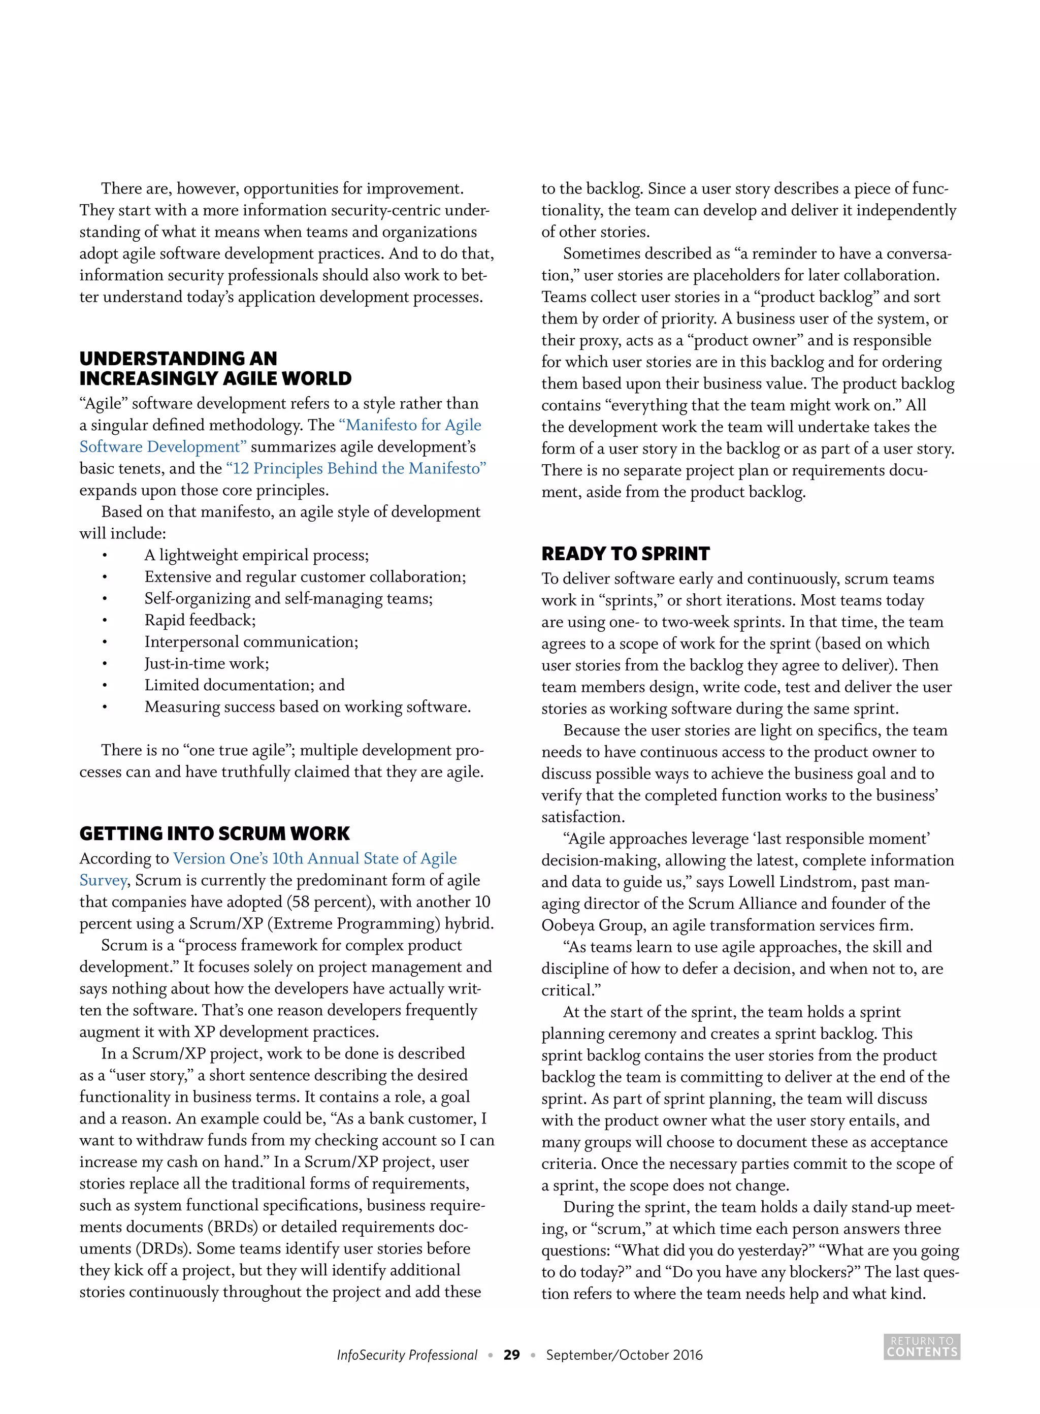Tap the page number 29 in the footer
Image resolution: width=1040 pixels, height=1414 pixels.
click(511, 1355)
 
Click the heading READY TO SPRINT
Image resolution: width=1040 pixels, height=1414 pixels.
click(625, 554)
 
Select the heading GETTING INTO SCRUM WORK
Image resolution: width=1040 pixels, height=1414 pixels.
click(214, 833)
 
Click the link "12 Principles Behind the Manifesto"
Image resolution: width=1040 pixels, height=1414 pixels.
click(355, 468)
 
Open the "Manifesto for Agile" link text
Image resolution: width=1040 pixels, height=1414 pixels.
click(410, 425)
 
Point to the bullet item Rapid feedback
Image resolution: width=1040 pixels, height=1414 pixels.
click(200, 620)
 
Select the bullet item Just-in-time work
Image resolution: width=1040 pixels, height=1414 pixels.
click(207, 663)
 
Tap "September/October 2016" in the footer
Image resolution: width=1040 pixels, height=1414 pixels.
click(624, 1355)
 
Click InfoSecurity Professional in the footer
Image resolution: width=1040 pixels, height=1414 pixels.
click(407, 1355)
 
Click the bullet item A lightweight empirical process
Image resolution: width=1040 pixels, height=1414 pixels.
click(256, 555)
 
